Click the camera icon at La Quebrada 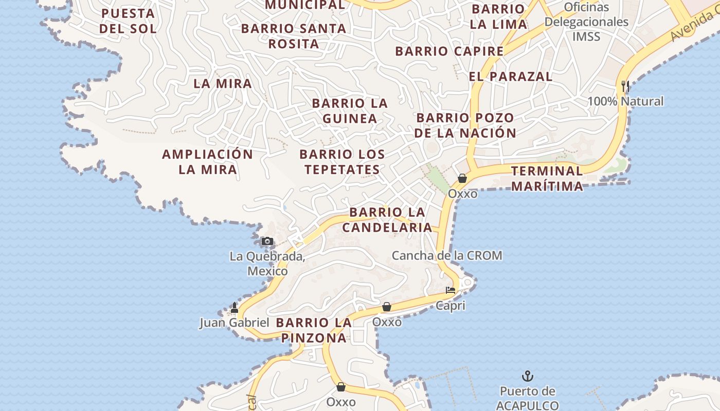267,241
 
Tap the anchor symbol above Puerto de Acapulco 527,377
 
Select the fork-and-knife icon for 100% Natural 625,86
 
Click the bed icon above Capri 451,290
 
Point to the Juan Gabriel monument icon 235,308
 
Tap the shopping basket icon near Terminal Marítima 462,178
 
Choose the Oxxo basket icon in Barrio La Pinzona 387,307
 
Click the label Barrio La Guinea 350,111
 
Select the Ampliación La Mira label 208,162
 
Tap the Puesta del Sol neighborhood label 128,21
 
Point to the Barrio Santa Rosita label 294,36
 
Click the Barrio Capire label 449,51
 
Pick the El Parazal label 510,77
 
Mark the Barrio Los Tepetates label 342,162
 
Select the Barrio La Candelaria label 387,220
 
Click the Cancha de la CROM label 447,255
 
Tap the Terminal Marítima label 547,178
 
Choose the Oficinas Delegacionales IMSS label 586,22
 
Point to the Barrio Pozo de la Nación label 465,125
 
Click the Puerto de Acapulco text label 528,398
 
